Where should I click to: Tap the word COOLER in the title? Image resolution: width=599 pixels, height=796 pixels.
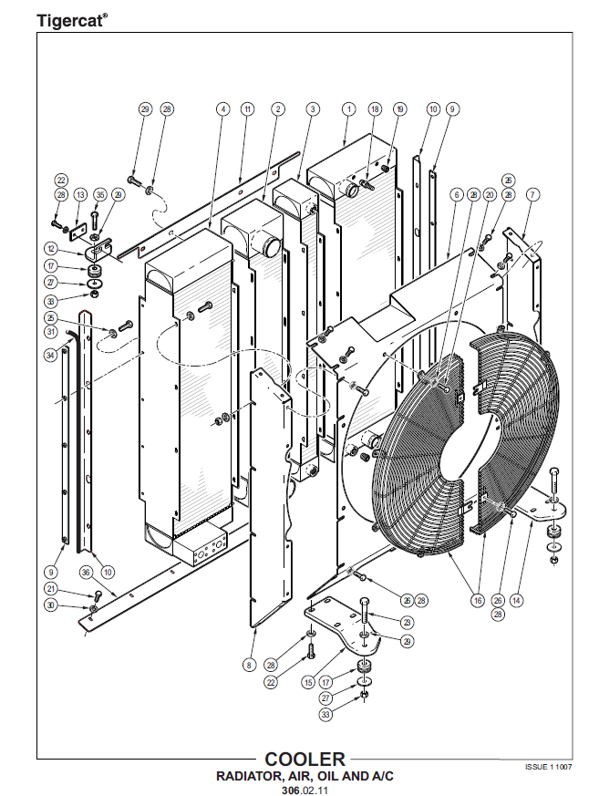tap(305, 759)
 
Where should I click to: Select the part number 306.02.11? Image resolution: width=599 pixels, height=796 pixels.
tap(305, 790)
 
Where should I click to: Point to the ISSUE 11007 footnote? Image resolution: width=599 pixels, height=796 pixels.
tap(548, 767)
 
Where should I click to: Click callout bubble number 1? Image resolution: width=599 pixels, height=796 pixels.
tap(347, 109)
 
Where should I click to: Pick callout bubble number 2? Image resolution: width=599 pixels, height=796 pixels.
tap(277, 109)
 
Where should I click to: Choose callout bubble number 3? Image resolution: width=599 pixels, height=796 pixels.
tap(313, 109)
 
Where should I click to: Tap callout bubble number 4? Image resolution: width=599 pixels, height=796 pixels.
tap(222, 109)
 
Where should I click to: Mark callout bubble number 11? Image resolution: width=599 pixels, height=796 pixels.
tap(247, 109)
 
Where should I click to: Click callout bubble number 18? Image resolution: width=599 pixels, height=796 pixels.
tap(375, 109)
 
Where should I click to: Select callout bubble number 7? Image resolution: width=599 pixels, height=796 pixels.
tap(533, 194)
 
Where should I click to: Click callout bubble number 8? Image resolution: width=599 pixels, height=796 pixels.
tap(248, 666)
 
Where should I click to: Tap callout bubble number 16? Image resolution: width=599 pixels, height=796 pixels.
tap(477, 600)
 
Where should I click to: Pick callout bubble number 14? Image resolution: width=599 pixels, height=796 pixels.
tap(516, 600)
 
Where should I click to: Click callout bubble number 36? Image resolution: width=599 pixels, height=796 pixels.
tap(86, 572)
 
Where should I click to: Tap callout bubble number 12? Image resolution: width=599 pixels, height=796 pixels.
tap(51, 248)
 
